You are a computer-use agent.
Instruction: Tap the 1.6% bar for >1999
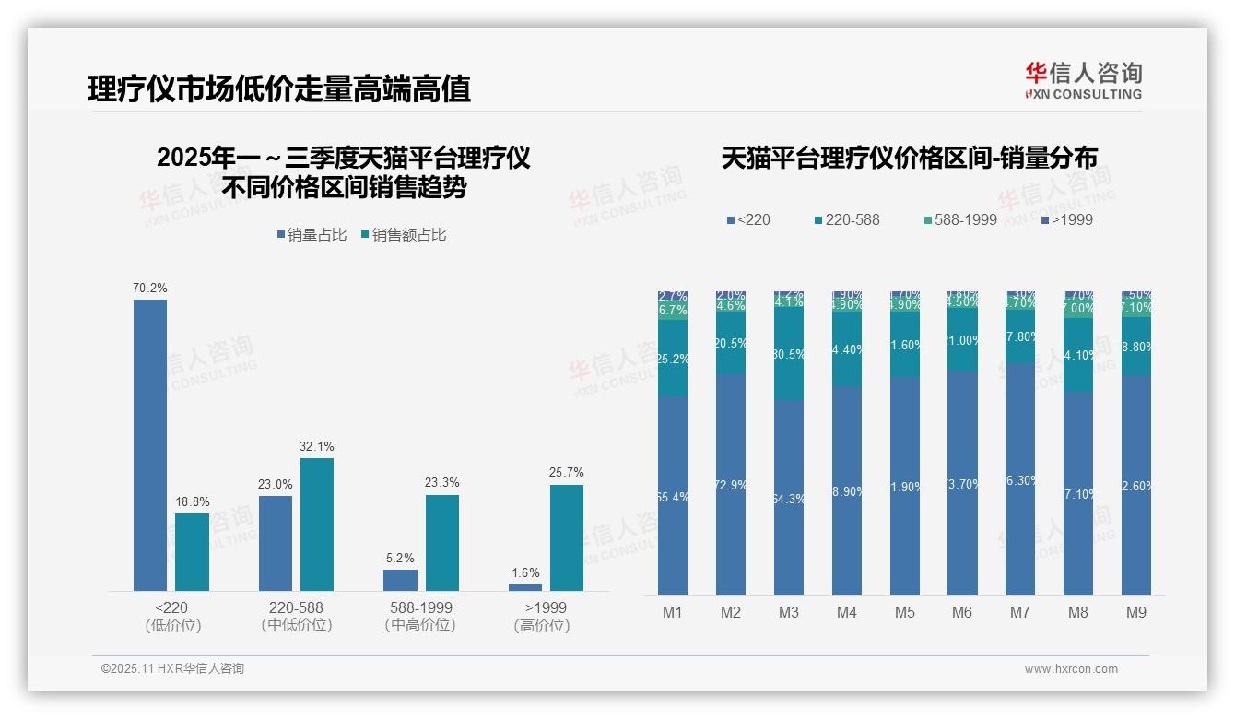coord(525,587)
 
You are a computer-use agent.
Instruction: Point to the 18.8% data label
coord(192,501)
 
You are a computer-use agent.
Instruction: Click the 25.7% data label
coord(567,473)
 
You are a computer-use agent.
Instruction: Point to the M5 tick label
coord(904,612)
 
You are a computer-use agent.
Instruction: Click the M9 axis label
coord(1135,612)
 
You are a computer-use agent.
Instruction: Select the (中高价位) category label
coord(419,625)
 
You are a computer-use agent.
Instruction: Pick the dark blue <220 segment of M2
coord(731,484)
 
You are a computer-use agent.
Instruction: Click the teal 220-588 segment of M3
coord(789,353)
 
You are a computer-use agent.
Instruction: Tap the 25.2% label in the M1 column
coord(673,359)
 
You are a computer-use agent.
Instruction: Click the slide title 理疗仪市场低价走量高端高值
coord(278,88)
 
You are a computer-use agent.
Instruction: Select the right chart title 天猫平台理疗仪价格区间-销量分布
coord(909,159)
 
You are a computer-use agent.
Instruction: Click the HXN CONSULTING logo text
coord(1083,94)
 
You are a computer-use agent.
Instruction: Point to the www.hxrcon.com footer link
coord(1071,669)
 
